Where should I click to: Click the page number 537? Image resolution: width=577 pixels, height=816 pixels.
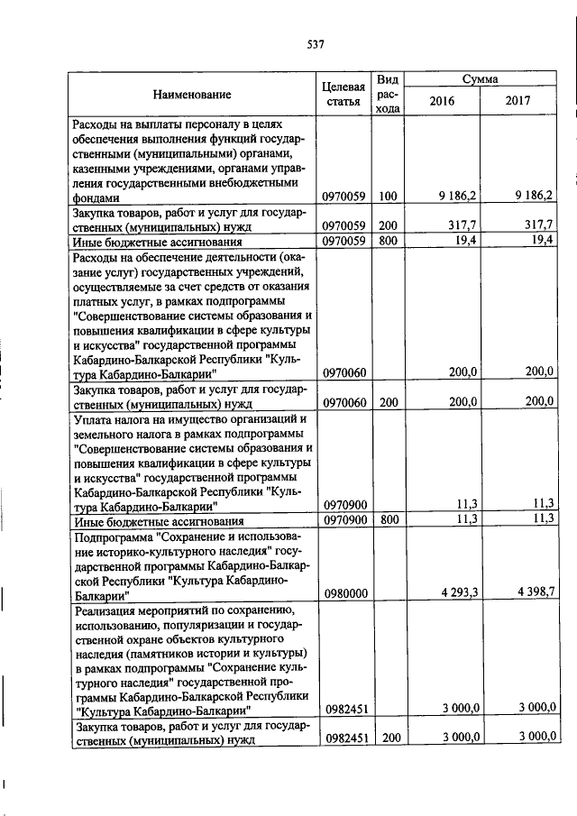click(315, 44)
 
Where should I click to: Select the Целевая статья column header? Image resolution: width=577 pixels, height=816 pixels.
click(343, 94)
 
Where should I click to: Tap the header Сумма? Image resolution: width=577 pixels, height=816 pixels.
click(481, 79)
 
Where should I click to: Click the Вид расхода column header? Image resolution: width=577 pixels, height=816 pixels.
click(388, 94)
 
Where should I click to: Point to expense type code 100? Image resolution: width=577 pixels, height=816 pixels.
click(388, 195)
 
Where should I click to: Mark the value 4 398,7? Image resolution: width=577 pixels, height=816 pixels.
click(536, 592)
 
